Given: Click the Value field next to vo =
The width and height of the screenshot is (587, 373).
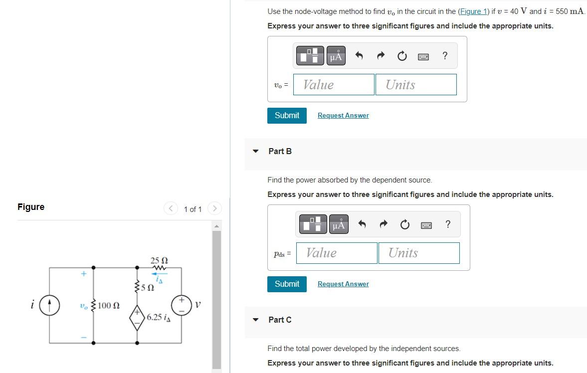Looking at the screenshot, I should (x=334, y=85).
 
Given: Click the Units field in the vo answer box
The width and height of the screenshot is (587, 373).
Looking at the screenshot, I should (x=415, y=85).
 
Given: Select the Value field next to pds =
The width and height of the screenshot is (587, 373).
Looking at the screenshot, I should (x=337, y=253).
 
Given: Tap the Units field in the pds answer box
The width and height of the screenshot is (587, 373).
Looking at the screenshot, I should (x=418, y=253).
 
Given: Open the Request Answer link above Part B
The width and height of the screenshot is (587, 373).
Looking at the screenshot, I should (x=343, y=116).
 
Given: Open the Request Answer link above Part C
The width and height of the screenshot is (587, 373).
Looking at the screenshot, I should (x=343, y=284).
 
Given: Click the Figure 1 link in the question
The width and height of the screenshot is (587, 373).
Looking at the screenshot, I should (x=469, y=11).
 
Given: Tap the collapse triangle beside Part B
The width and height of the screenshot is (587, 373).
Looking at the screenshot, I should (x=256, y=151).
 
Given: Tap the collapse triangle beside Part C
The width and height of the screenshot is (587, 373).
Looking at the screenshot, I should (x=256, y=320).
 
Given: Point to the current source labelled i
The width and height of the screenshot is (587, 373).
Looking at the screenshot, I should (x=49, y=305).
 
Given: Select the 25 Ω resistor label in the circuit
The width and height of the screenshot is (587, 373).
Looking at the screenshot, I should (x=159, y=260).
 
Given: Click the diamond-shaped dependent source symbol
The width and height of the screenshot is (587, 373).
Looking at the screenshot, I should (x=137, y=317).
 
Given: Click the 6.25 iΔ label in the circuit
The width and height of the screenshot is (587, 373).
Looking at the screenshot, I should (x=158, y=317).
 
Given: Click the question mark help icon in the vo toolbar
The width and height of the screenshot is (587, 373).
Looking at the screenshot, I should (x=444, y=55).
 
